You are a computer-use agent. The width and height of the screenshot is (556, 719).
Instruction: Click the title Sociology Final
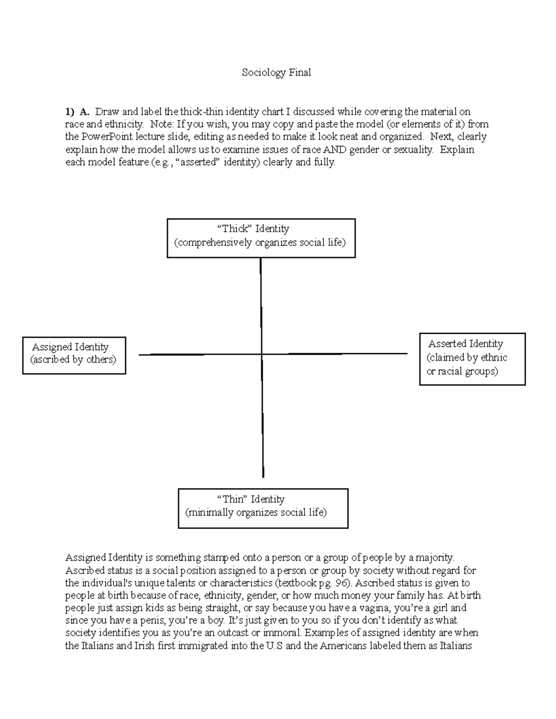pyautogui.click(x=276, y=73)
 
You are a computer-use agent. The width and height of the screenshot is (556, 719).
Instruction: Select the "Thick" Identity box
pyautogui.click(x=261, y=238)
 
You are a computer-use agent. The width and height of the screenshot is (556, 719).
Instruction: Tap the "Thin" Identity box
pyautogui.click(x=263, y=508)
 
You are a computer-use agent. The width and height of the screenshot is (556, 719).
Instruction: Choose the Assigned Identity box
pyautogui.click(x=74, y=355)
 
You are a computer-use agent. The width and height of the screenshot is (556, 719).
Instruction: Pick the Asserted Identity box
pyautogui.click(x=472, y=359)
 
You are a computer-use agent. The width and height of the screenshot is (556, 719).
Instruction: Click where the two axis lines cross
pyautogui.click(x=262, y=354)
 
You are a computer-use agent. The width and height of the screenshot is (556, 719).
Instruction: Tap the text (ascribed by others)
pyautogui.click(x=73, y=360)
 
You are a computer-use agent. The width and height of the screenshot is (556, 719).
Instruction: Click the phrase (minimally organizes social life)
pyautogui.click(x=256, y=513)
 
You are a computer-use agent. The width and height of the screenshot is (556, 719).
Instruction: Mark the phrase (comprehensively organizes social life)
pyautogui.click(x=259, y=243)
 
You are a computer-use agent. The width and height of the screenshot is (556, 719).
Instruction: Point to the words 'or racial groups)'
pyautogui.click(x=462, y=371)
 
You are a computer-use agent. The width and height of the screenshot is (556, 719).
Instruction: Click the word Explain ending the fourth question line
pyautogui.click(x=457, y=150)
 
